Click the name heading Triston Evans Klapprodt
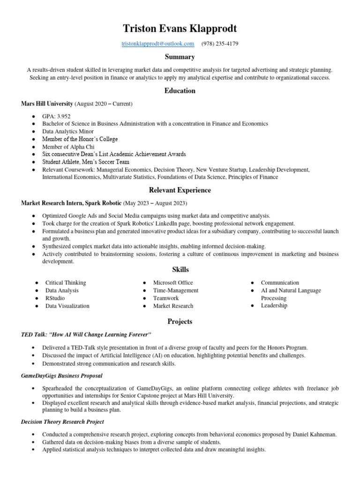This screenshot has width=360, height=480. tap(180, 29)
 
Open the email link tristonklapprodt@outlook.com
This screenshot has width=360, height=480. tap(157, 44)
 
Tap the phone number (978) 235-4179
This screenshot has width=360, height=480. tap(220, 44)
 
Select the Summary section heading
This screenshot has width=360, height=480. tap(180, 57)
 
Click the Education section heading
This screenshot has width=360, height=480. tap(180, 91)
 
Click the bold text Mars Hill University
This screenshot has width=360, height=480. tap(47, 104)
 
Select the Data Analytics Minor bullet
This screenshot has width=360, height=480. tap(68, 132)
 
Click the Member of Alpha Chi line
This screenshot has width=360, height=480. tap(68, 147)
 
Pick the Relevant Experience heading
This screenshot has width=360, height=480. tap(180, 190)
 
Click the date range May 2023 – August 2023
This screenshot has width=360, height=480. tap(155, 203)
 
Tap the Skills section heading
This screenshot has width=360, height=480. tap(180, 270)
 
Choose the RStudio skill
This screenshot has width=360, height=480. tap(55, 298)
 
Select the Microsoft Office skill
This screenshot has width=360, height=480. tap(173, 283)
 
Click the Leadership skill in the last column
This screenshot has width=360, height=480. tap(274, 306)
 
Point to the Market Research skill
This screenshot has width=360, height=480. tap(173, 306)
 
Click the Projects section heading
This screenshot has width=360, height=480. tap(180, 322)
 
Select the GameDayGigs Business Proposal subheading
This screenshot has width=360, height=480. tap(62, 376)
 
